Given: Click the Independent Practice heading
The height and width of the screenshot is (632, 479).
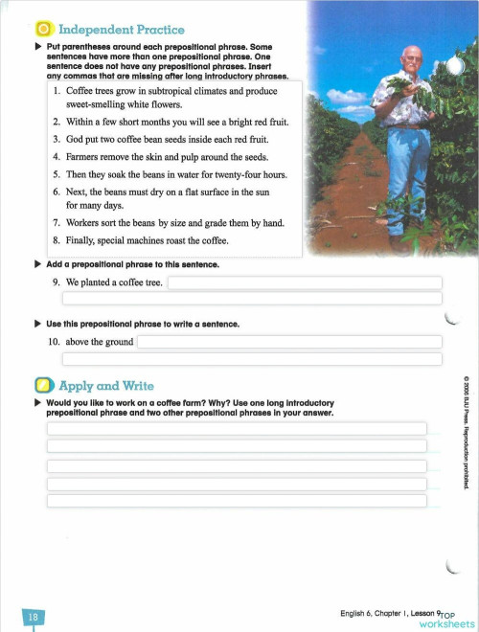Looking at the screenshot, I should pyautogui.click(x=122, y=30).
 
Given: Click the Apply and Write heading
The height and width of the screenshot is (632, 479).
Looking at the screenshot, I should pyautogui.click(x=106, y=386).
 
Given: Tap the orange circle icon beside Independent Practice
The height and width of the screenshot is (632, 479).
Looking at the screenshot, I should pyautogui.click(x=43, y=30).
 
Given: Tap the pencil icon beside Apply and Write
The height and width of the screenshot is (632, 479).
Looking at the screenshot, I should pyautogui.click(x=43, y=386).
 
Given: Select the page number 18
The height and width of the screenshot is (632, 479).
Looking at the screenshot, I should pyautogui.click(x=31, y=618).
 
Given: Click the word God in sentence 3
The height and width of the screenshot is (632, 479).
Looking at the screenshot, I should pyautogui.click(x=76, y=139).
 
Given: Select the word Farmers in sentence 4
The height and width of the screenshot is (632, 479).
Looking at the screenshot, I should pyautogui.click(x=85, y=156).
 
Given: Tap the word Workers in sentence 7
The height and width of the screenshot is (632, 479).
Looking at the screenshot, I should pyautogui.click(x=86, y=222).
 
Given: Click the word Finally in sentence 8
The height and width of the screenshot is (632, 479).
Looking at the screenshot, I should pyautogui.click(x=82, y=239).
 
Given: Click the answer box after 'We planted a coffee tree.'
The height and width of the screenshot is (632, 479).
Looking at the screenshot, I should pyautogui.click(x=306, y=283).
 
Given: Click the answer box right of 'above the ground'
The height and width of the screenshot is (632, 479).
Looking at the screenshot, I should pyautogui.click(x=289, y=342).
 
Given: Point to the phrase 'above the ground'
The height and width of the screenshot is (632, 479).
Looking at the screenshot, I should pyautogui.click(x=100, y=342).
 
